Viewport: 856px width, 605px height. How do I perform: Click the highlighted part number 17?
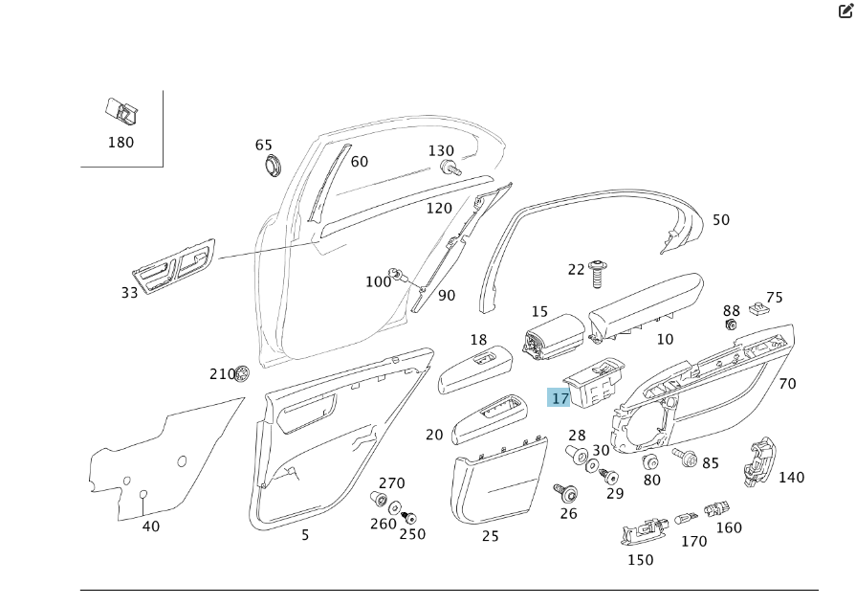tap(560, 398)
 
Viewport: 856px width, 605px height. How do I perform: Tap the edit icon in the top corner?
tap(845, 12)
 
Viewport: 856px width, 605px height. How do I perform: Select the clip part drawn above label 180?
tap(121, 113)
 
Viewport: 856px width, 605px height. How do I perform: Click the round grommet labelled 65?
tap(274, 164)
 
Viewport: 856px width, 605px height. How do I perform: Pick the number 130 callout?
tap(441, 151)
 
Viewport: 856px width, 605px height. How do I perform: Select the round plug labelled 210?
tap(243, 371)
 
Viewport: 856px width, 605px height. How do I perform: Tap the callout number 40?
tap(151, 526)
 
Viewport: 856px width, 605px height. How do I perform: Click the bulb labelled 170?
tap(685, 518)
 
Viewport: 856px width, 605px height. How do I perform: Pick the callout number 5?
tap(305, 535)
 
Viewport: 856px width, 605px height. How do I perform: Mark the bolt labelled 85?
tap(685, 457)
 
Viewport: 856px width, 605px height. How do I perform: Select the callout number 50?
tap(720, 220)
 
